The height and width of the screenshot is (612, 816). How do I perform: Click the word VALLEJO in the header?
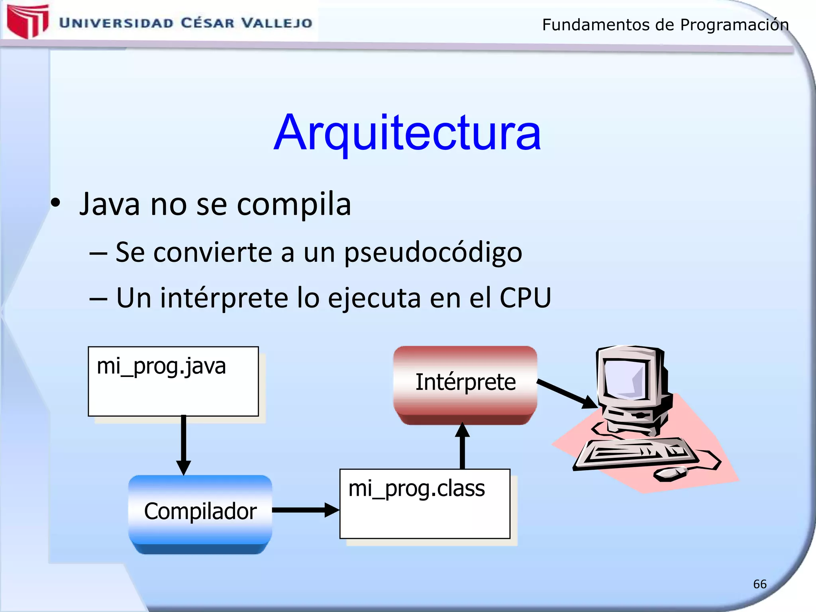(x=277, y=23)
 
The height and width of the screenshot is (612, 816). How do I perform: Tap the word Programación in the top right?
(x=734, y=25)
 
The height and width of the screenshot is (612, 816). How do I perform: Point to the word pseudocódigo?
(x=433, y=253)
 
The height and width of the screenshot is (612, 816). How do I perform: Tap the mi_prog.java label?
(x=161, y=366)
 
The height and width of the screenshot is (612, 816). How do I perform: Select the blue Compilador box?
(x=200, y=512)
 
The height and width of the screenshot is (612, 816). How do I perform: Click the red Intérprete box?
(x=465, y=382)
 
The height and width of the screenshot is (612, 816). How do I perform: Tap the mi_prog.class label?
(x=416, y=488)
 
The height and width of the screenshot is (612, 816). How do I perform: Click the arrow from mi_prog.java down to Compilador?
(x=183, y=444)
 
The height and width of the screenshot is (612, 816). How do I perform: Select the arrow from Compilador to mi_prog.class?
(x=305, y=510)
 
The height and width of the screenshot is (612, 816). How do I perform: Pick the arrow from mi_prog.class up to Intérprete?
(x=462, y=446)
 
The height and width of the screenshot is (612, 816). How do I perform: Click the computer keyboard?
(x=636, y=453)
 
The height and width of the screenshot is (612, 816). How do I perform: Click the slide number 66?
(x=759, y=584)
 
